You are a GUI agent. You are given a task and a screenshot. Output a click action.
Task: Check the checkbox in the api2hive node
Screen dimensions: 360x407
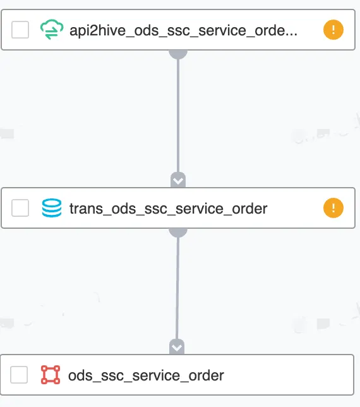[x=20, y=30]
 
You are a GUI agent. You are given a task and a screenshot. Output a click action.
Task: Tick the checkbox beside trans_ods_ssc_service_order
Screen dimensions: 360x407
[x=20, y=208]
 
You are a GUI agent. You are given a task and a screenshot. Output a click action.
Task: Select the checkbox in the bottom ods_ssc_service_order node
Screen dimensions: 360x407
[x=19, y=375]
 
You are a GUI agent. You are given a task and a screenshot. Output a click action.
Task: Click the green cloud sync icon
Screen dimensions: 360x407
[x=52, y=29]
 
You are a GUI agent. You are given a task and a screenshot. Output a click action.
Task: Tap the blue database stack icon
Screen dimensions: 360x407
[x=52, y=208]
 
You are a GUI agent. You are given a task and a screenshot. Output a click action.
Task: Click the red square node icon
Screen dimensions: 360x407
[x=51, y=375]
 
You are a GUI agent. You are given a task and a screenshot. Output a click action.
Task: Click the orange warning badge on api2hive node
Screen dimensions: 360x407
[x=333, y=30]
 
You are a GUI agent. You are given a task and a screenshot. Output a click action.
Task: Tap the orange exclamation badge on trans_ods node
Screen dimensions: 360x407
[x=333, y=208]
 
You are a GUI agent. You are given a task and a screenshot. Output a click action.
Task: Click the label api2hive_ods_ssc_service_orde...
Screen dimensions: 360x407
[x=183, y=30]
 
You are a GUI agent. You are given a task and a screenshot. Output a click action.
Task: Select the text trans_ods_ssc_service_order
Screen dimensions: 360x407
[x=169, y=209]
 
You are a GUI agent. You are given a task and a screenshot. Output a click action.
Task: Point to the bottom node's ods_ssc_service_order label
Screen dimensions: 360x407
[x=146, y=375]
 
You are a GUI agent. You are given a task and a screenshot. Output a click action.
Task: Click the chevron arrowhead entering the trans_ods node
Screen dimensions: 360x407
[x=178, y=180]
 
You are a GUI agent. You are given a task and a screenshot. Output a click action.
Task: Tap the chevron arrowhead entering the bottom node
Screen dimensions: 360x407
[x=177, y=347]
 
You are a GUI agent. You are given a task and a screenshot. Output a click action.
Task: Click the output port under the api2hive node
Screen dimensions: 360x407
[x=178, y=54]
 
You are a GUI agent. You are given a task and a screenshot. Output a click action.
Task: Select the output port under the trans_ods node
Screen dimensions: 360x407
[x=178, y=233]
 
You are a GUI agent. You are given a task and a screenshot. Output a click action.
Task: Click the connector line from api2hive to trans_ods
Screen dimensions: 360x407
[x=178, y=116]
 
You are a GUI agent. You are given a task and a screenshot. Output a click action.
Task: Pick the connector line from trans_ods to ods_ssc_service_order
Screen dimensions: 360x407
[x=177, y=288]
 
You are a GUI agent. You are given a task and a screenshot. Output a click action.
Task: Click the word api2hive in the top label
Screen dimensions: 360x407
[x=97, y=30]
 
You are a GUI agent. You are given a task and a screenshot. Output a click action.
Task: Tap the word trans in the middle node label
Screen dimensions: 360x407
[x=86, y=209]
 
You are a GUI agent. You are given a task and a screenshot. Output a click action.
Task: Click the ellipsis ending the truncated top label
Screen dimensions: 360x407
[x=292, y=35]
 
